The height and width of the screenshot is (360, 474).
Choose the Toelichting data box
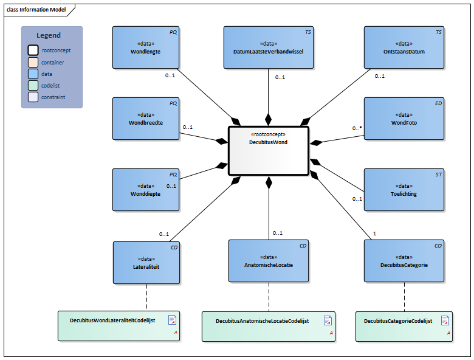[x=404, y=190]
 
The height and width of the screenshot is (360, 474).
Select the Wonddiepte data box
[x=146, y=190]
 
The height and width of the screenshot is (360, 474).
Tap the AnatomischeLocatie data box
[x=268, y=261]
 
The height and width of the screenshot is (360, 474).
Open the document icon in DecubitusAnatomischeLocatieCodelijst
[x=328, y=320]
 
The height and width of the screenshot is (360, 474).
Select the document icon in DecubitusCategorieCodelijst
[x=445, y=320]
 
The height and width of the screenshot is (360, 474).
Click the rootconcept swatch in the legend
[x=33, y=50]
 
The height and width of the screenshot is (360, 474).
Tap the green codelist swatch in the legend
[x=33, y=86]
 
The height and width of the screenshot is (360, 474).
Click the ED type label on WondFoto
[x=438, y=103]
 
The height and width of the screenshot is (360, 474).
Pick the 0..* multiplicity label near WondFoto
[x=357, y=129]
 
